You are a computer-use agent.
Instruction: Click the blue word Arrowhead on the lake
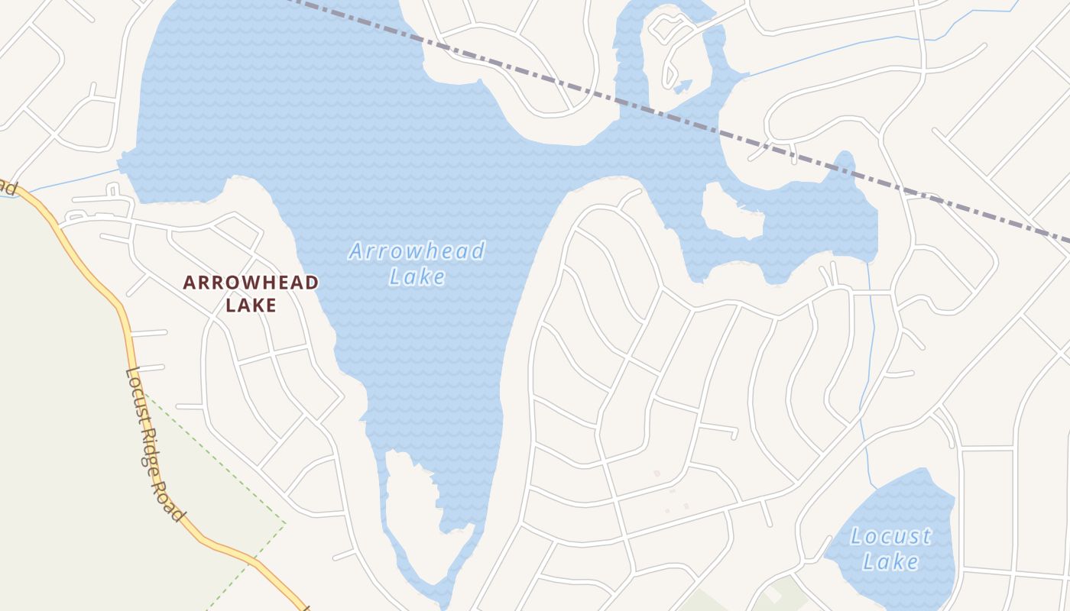(417, 251)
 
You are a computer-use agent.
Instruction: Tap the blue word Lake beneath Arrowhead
(417, 276)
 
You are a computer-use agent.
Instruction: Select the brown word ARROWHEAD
(251, 283)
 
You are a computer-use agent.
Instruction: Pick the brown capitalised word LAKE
(251, 305)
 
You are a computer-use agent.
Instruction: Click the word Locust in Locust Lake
(891, 536)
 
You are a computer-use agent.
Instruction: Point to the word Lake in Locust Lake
(891, 562)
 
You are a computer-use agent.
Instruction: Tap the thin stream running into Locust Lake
(870, 382)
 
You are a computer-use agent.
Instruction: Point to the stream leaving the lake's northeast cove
(825, 53)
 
